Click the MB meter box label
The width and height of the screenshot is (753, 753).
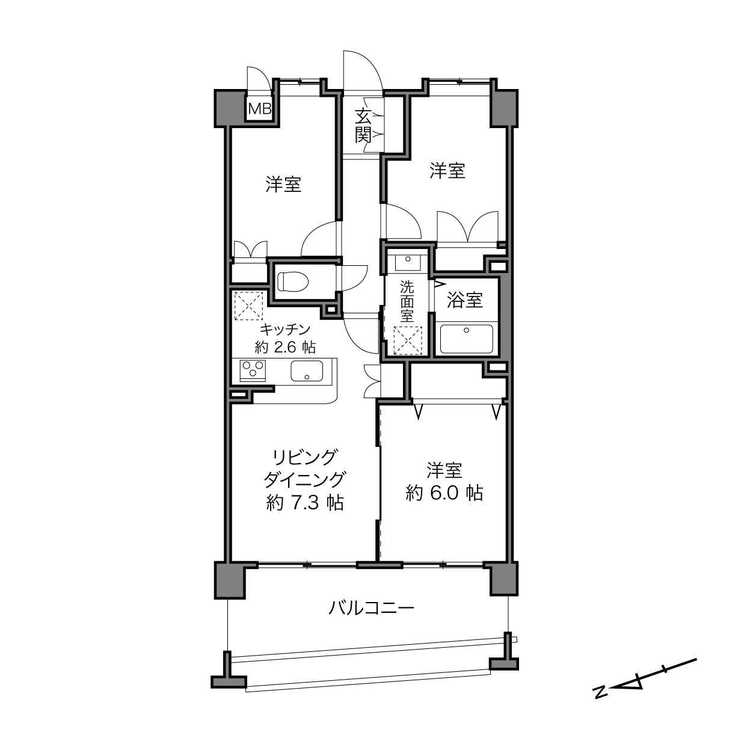coord(260,109)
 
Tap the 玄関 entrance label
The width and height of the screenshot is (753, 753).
coord(363,125)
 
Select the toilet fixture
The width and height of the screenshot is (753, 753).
coord(293,281)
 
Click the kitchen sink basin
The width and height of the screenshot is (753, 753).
coord(307,371)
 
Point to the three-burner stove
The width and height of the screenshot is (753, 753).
coord(253,370)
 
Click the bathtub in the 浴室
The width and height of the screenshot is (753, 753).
coord(466,339)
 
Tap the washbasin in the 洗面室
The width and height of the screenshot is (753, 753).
coord(408,262)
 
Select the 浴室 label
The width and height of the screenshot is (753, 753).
coord(465,300)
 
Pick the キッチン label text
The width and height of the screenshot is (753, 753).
coord(285,330)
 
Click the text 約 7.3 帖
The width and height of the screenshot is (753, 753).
coord(305,503)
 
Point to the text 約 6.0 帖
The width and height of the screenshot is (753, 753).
coord(444,493)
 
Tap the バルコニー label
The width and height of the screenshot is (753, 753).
coord(371,608)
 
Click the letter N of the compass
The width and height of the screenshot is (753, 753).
coord(600,692)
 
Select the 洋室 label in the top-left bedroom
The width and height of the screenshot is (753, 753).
coord(283,185)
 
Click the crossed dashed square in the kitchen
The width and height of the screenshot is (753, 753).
coord(248,306)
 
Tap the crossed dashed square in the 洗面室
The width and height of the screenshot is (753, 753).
coord(408,340)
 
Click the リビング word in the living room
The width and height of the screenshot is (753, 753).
coord(304,458)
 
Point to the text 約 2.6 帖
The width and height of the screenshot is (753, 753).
coord(285,346)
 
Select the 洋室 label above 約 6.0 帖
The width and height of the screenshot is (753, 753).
coord(444,470)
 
